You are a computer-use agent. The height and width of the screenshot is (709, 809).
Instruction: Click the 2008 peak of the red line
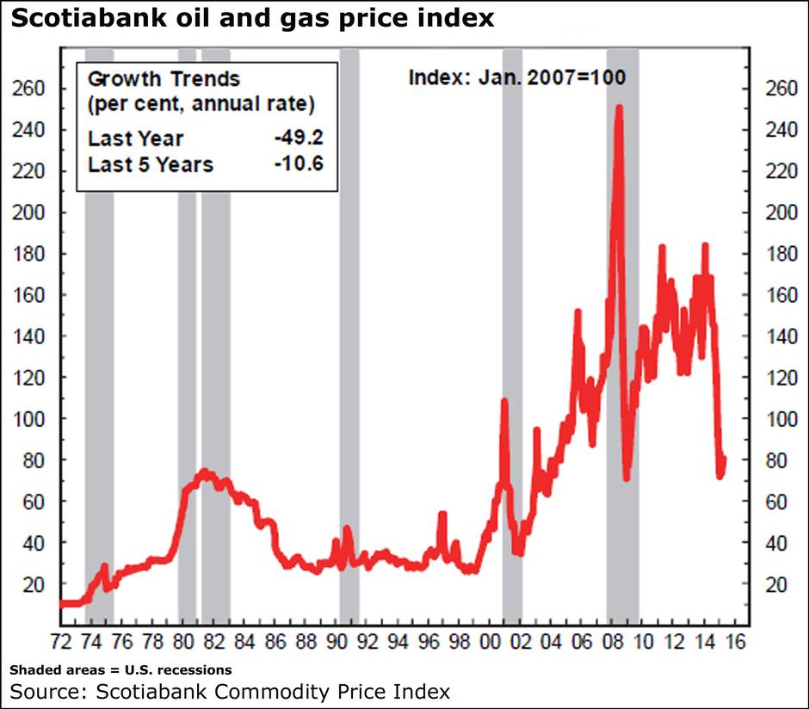(619, 108)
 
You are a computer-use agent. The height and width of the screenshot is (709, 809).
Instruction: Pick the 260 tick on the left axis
(30, 89)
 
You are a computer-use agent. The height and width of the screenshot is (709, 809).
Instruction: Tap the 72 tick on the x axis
(62, 641)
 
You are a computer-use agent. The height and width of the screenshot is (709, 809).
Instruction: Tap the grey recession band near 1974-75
(99, 344)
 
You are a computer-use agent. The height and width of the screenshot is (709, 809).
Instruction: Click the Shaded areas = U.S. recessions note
(120, 669)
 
